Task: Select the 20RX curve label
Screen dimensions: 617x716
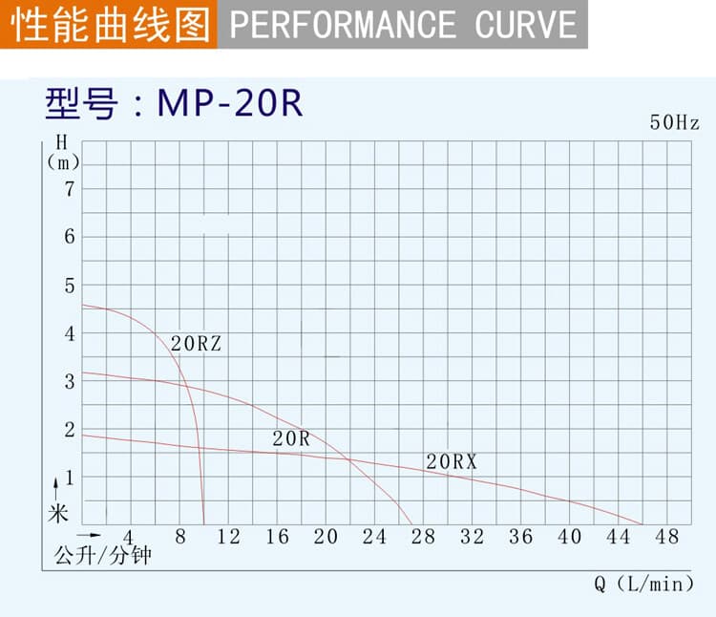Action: click(452, 462)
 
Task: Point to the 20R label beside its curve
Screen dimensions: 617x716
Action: click(291, 439)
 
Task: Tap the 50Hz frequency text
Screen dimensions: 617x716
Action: click(675, 122)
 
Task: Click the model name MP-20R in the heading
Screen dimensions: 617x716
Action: click(229, 103)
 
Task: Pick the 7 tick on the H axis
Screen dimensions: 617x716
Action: click(69, 188)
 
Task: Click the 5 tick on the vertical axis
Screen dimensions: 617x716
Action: click(69, 285)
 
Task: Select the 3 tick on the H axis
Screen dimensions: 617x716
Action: click(69, 382)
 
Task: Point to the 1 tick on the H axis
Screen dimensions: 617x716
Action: click(69, 478)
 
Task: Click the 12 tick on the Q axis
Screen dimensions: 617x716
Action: click(229, 537)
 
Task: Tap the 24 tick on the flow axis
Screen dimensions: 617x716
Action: click(375, 537)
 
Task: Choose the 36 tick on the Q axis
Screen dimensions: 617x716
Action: click(521, 537)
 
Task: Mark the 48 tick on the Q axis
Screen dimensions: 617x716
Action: click(667, 537)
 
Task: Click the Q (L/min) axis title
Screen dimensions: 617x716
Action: click(644, 584)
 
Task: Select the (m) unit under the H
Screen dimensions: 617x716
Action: click(63, 162)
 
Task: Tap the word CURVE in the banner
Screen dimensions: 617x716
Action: click(527, 24)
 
